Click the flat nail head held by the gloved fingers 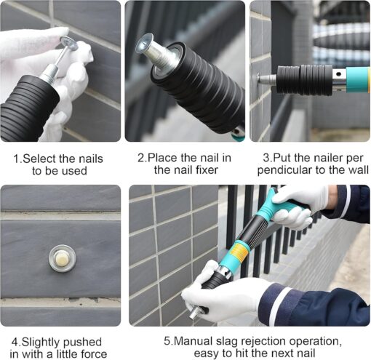click(68, 43)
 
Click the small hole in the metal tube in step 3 click(339, 74)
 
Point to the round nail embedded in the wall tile click(63, 258)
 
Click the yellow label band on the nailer click(239, 253)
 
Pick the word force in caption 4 click(94, 354)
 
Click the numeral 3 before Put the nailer click(266, 158)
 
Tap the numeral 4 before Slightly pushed click(15, 342)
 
